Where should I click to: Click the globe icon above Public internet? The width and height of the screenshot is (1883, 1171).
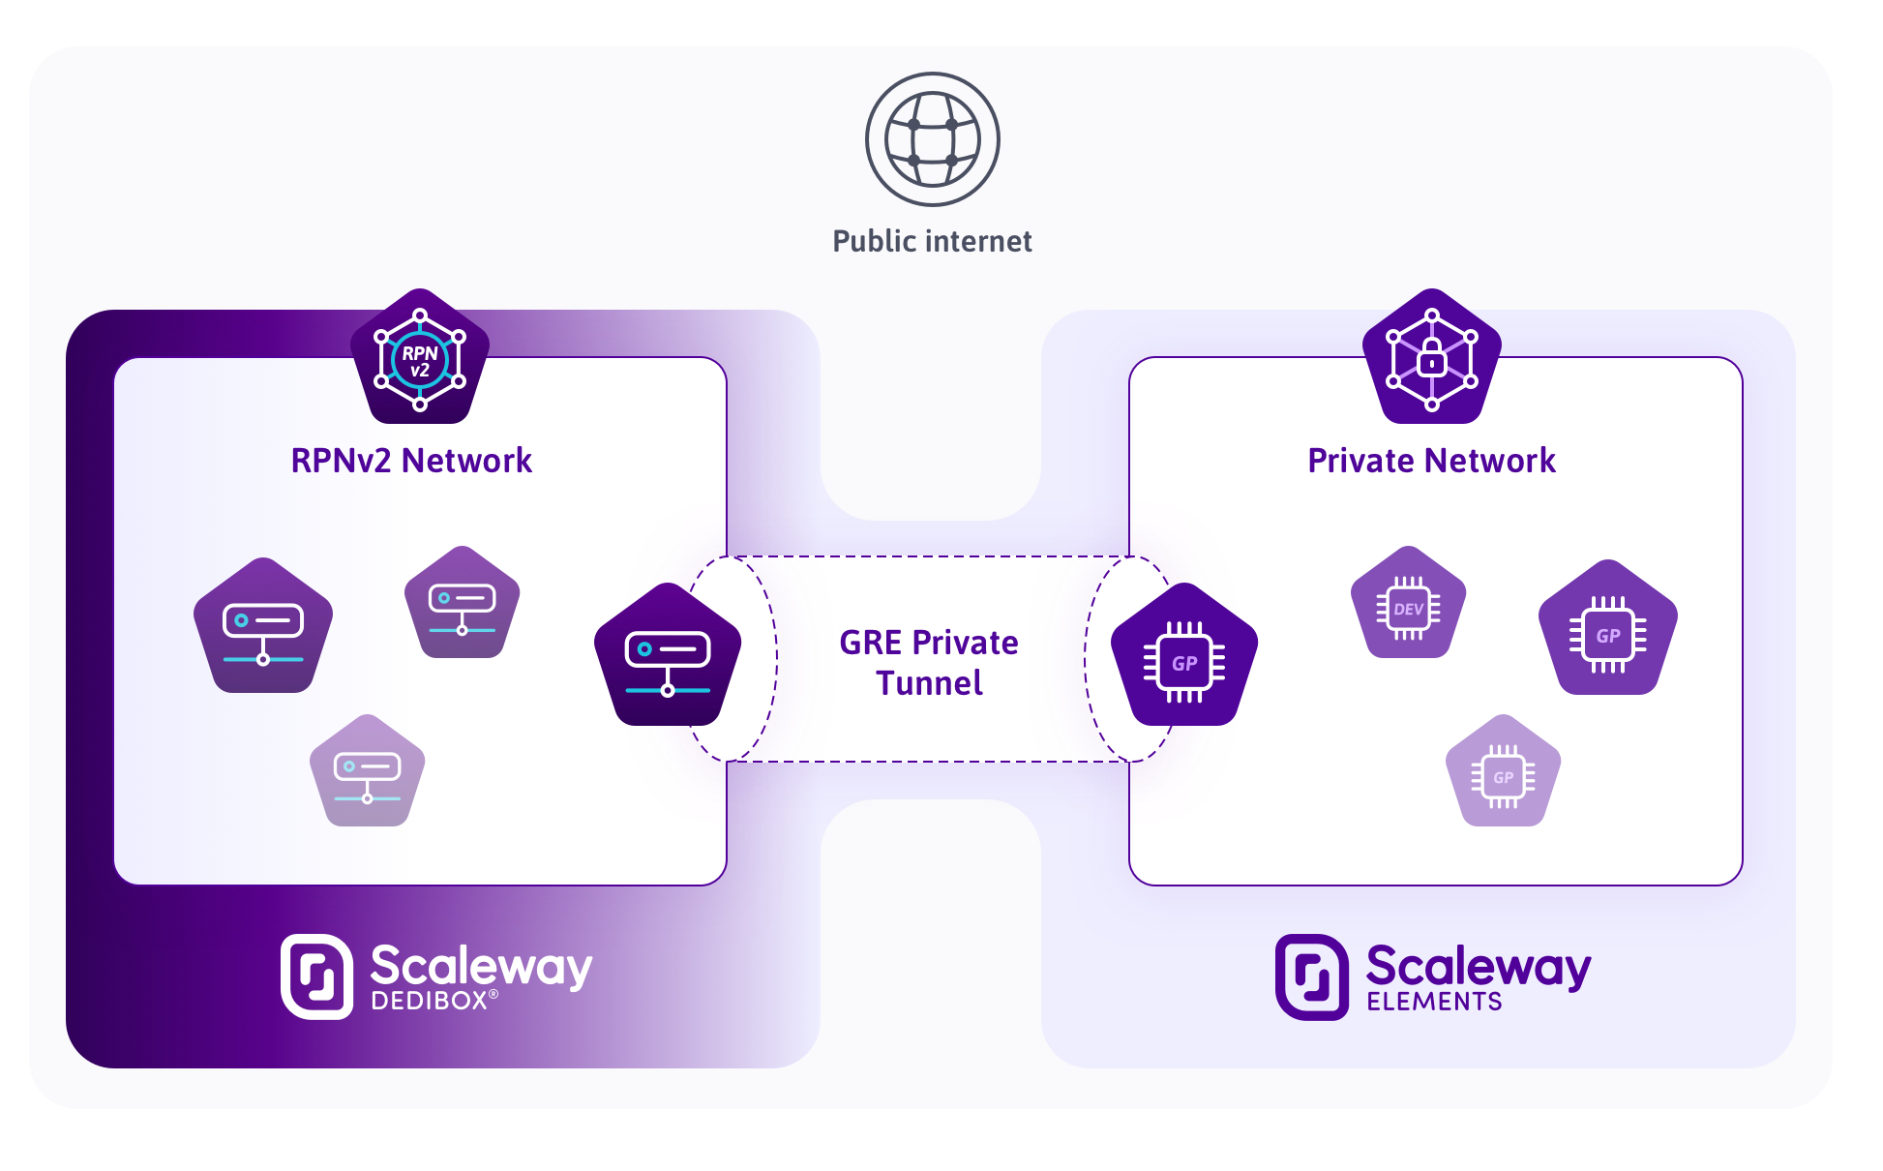coord(932,139)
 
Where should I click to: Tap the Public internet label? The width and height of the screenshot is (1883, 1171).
coord(932,241)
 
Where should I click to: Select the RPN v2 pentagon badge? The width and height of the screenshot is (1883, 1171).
coord(420,358)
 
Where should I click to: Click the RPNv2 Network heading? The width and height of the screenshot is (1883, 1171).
coord(411,461)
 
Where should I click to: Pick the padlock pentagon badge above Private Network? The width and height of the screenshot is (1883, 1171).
coord(1431,358)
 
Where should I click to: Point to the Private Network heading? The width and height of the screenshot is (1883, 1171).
coord(1431,461)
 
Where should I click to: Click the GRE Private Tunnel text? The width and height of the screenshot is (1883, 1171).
coord(929,663)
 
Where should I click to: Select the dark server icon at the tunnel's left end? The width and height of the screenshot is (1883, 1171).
coord(668,656)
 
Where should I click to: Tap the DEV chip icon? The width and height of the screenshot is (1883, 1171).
coord(1408,605)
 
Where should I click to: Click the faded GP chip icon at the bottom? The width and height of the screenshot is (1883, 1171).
coord(1503,773)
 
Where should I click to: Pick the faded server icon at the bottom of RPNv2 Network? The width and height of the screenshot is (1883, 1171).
coord(367,773)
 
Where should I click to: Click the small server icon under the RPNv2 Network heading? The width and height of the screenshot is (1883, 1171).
coord(462,605)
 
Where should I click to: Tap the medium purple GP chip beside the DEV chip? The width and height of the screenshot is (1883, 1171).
coord(1607,630)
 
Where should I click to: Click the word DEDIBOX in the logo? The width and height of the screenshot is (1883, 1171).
coord(430,1001)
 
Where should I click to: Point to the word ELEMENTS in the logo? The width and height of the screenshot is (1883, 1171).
coord(1434,1002)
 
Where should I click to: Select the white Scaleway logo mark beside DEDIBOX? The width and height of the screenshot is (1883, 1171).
coord(316,976)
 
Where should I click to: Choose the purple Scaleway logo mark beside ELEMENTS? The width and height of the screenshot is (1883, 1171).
coord(1311,976)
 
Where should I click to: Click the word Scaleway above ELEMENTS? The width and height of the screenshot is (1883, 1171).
coord(1478,966)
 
